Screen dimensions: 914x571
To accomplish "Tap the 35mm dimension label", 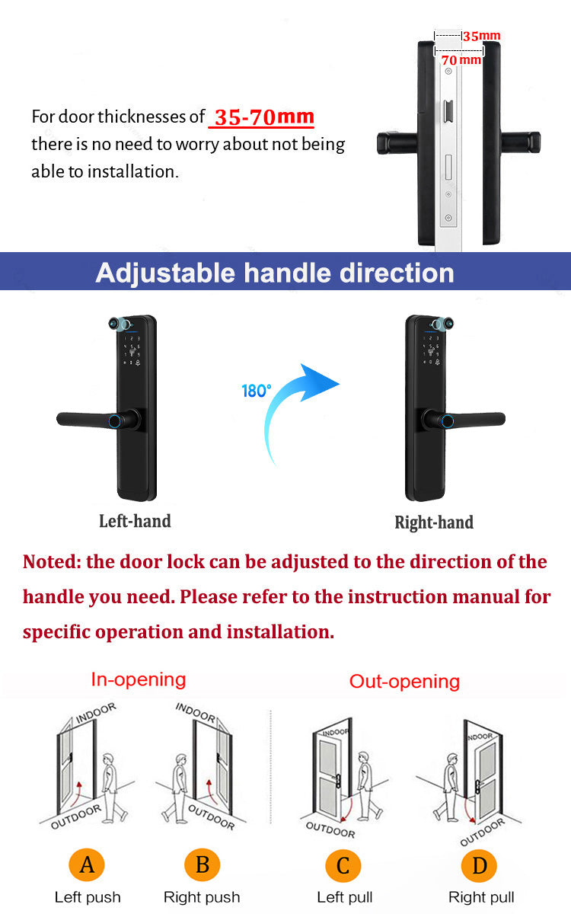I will (x=482, y=36).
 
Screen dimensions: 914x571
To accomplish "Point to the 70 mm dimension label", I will (x=461, y=59).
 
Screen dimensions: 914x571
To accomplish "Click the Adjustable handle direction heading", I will (x=274, y=272).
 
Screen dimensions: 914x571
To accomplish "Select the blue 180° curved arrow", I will (x=297, y=411).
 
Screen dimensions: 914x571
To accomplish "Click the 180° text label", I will (x=257, y=391).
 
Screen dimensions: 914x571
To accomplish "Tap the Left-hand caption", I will (x=135, y=521).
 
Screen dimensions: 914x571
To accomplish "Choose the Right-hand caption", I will (x=434, y=523).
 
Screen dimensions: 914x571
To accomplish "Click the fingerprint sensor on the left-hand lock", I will (x=114, y=420).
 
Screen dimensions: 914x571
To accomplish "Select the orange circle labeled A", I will (x=87, y=864).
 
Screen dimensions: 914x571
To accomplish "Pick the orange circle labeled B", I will (x=202, y=864).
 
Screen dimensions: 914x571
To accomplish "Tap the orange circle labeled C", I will (x=343, y=865).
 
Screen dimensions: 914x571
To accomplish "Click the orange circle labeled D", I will (x=480, y=865).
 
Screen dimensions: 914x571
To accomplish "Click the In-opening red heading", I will (x=139, y=679).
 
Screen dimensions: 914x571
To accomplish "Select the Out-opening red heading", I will (x=404, y=681).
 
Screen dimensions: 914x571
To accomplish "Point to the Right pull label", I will (x=481, y=897).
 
